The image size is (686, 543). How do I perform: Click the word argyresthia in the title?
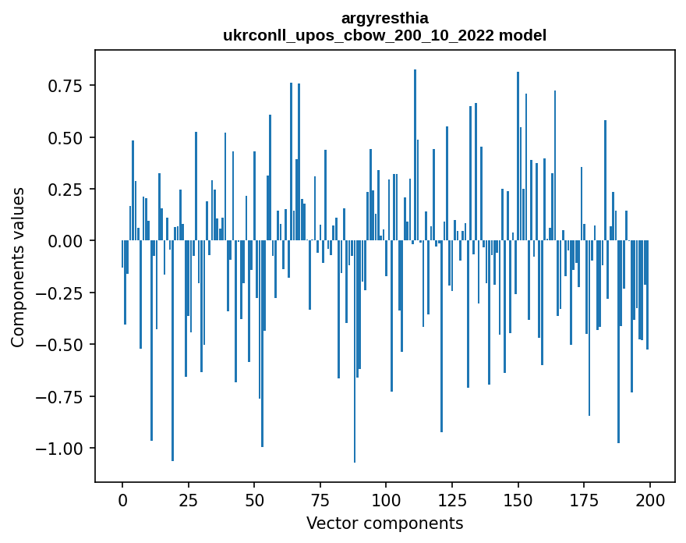coord(385,18)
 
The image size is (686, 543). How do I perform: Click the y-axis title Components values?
coord(17,267)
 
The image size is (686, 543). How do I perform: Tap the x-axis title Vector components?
coord(385,523)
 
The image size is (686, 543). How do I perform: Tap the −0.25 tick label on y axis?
coord(60,293)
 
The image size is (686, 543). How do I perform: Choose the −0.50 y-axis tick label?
coord(60,344)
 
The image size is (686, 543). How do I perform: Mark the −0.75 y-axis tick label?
coord(60,396)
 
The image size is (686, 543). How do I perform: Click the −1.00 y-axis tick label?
coord(60,448)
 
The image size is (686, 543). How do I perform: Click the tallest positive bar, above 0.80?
coord(415,156)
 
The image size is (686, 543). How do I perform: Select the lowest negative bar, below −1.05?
coord(355,351)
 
